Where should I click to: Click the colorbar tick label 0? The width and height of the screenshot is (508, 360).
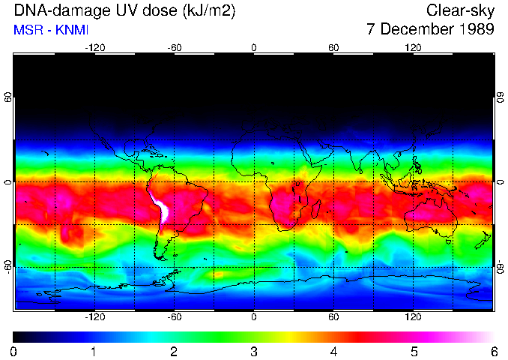point(14,351)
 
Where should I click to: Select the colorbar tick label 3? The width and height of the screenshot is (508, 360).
point(254,351)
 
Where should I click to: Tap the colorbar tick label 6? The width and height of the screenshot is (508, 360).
point(494,351)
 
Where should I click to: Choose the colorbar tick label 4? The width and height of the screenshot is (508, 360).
point(333,351)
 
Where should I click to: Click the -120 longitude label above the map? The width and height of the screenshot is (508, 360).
point(94,47)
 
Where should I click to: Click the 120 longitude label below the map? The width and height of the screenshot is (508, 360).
point(413,317)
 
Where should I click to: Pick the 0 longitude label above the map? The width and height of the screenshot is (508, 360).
point(254,47)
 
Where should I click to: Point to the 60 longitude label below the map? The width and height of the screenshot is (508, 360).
point(333,317)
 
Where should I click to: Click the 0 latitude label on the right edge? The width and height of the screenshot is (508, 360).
point(500,182)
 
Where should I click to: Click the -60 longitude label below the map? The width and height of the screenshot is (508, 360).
point(174,317)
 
